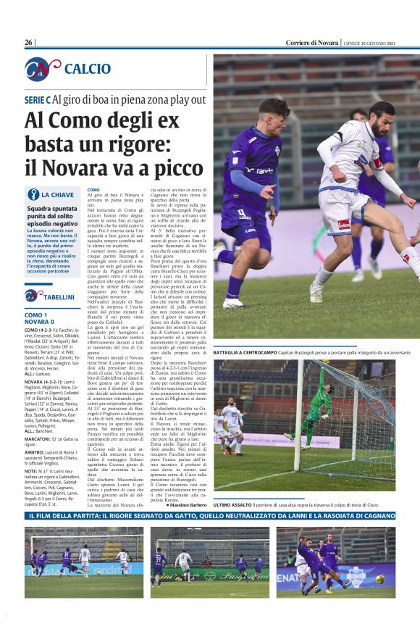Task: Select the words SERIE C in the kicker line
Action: [x=38, y=99]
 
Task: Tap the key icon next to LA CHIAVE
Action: [x=33, y=194]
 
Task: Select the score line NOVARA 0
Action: [x=40, y=322]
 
